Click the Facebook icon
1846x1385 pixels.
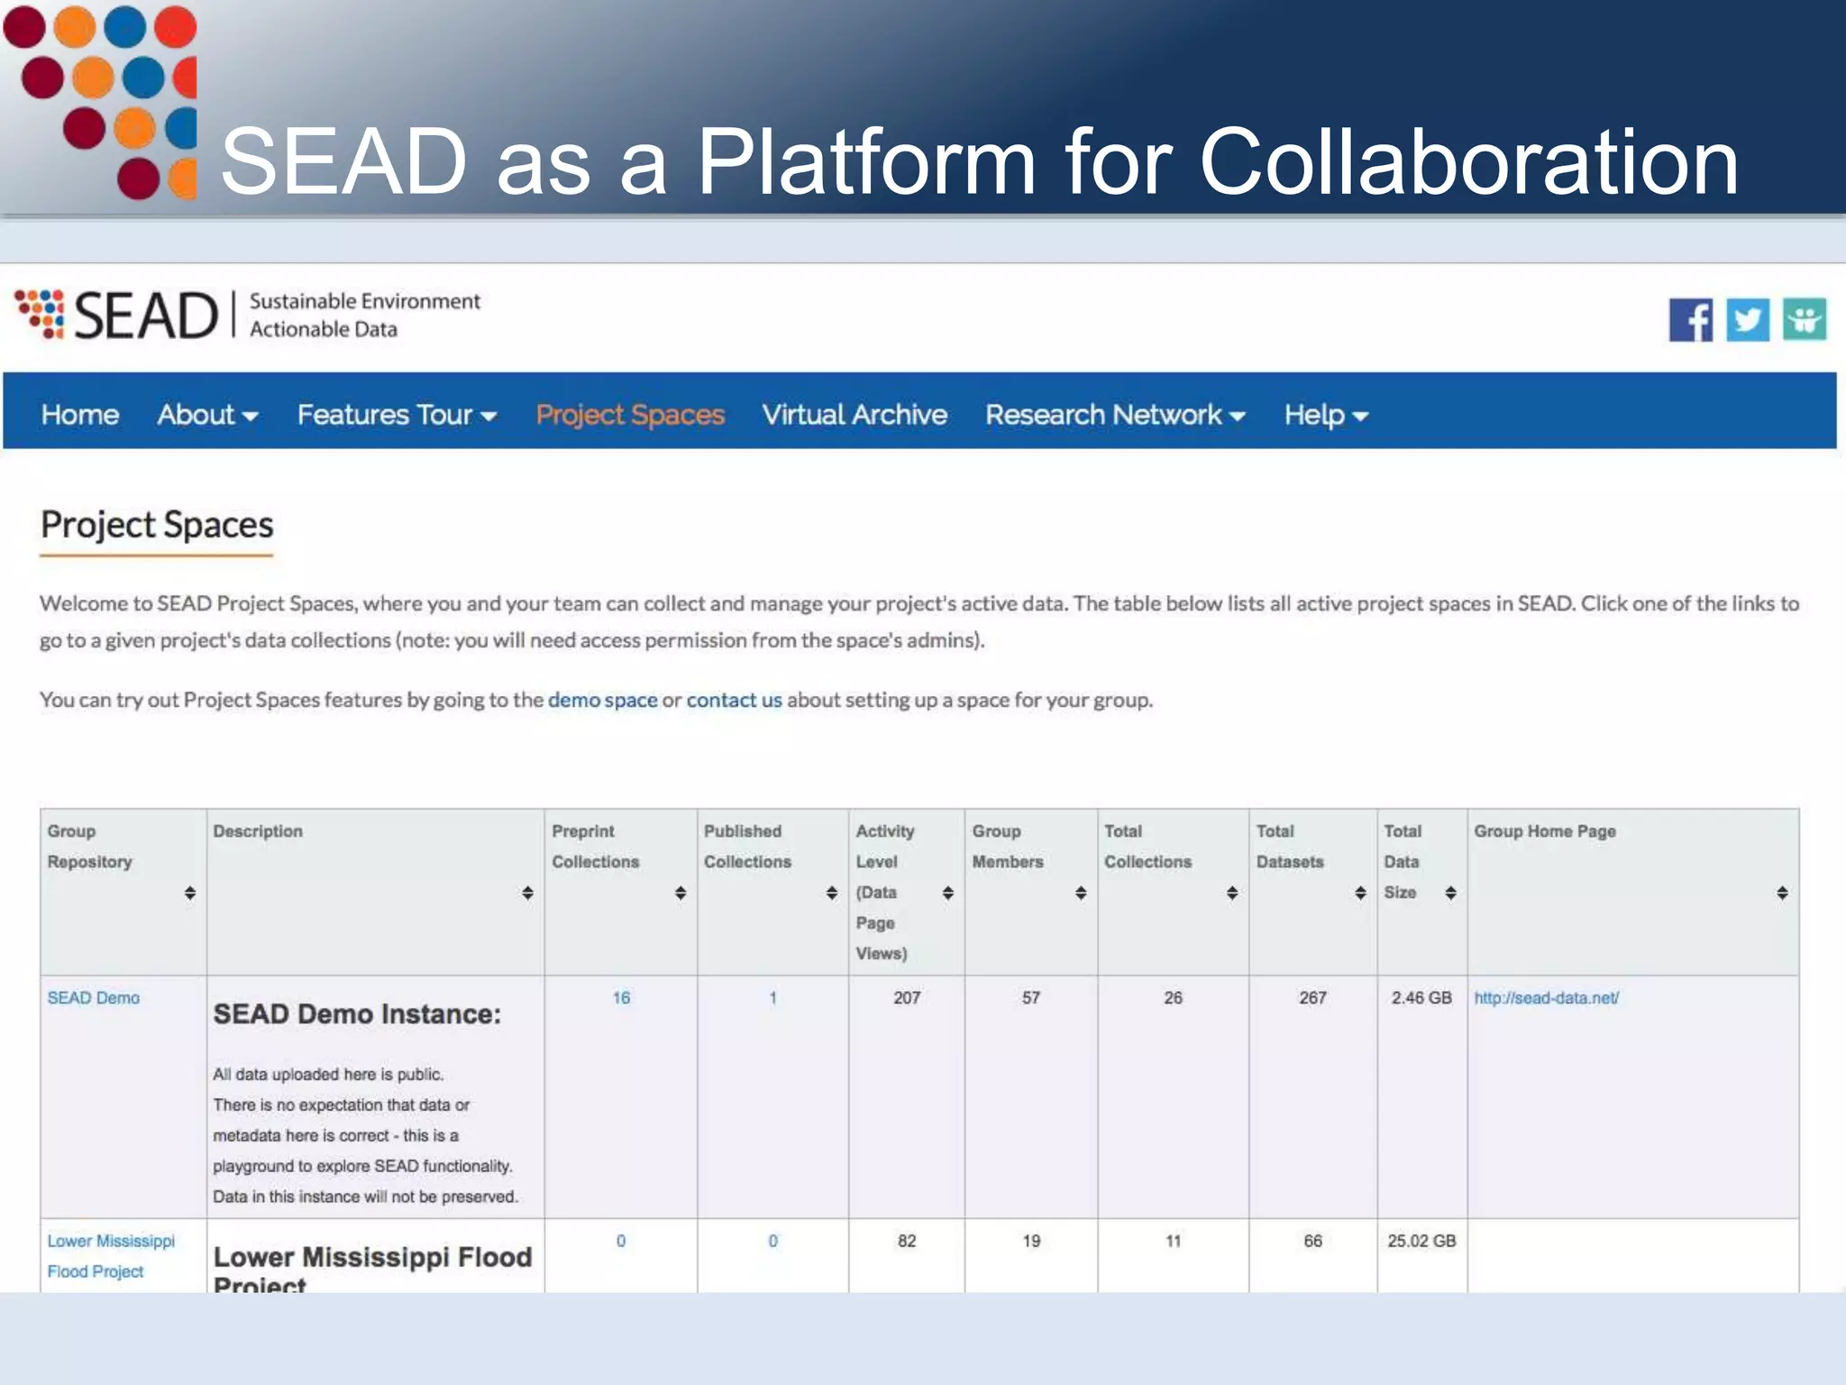(1690, 320)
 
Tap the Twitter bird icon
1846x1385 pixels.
(1748, 320)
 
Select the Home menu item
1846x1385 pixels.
(80, 415)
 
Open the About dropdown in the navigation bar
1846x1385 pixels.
(207, 415)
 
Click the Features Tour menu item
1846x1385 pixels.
(397, 415)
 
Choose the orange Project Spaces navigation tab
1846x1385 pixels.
(630, 415)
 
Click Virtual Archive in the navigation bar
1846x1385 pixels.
(854, 415)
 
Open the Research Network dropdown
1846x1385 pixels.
(1115, 415)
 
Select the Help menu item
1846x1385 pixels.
(1326, 415)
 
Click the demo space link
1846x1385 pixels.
(602, 701)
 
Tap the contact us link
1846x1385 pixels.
(734, 701)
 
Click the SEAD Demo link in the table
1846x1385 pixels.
(94, 998)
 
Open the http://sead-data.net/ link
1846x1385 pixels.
(1547, 998)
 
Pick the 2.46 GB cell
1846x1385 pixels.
(1421, 998)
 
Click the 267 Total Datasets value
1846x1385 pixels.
(1312, 998)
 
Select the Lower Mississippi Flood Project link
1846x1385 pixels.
(111, 1255)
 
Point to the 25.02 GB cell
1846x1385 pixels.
(1421, 1242)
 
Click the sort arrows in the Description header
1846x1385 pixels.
(528, 893)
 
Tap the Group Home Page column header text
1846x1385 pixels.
(1545, 831)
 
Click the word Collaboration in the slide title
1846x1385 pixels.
(1468, 162)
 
